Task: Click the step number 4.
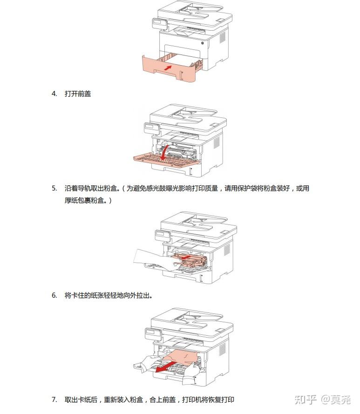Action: coord(54,94)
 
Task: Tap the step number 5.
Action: coord(54,188)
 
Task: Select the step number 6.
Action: coord(54,295)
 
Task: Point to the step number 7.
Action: coord(54,400)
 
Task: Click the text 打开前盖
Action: coord(78,94)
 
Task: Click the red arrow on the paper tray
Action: coord(168,68)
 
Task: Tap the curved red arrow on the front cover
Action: coord(164,153)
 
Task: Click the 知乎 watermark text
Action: coord(306,399)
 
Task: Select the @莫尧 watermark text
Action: coord(336,399)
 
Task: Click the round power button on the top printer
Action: coord(203,43)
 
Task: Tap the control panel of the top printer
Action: coord(160,23)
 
